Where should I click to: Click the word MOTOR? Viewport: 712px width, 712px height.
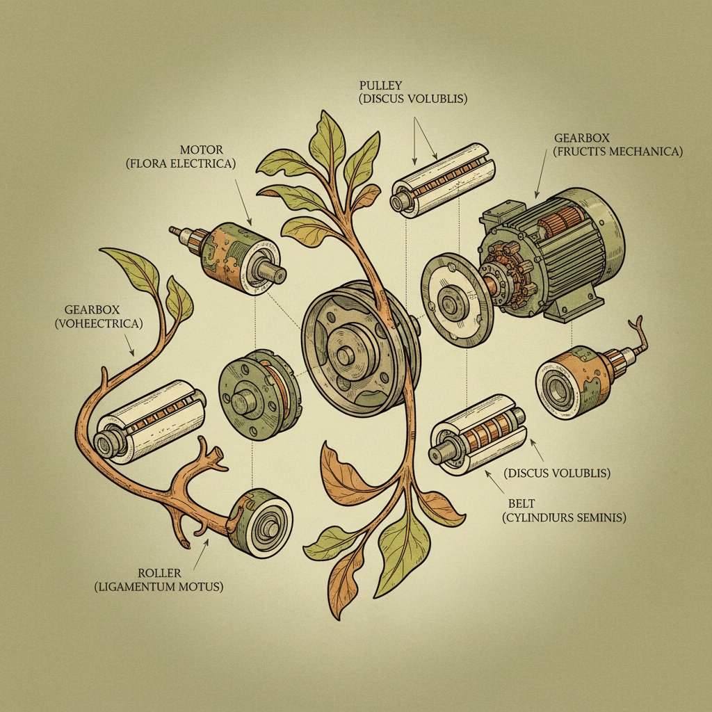point(202,149)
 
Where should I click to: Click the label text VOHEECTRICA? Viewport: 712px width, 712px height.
point(108,323)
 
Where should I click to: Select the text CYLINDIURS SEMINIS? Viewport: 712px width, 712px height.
point(563,517)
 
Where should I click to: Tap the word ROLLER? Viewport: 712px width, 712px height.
point(159,573)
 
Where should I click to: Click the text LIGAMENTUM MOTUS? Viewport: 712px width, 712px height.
point(159,587)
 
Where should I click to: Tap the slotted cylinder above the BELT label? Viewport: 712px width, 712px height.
point(478,435)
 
